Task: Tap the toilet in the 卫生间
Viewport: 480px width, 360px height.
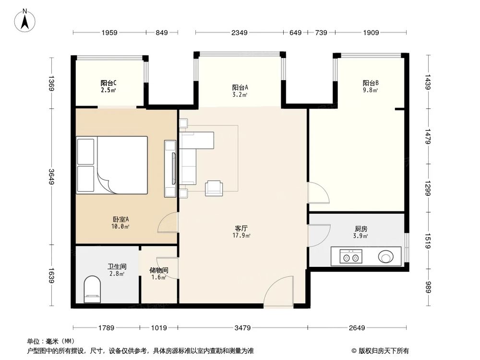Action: pos(93,290)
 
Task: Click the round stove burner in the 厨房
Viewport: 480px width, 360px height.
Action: pos(386,257)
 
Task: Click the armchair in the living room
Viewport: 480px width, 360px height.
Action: pos(214,188)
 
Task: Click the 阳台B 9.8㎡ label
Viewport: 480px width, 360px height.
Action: pos(370,85)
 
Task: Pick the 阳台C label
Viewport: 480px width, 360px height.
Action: pos(108,85)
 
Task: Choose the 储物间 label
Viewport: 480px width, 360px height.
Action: pos(159,273)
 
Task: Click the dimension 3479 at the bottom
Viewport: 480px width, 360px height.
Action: pos(242,328)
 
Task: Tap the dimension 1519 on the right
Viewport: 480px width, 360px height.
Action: pos(428,240)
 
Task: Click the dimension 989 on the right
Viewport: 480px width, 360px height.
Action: pos(428,287)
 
